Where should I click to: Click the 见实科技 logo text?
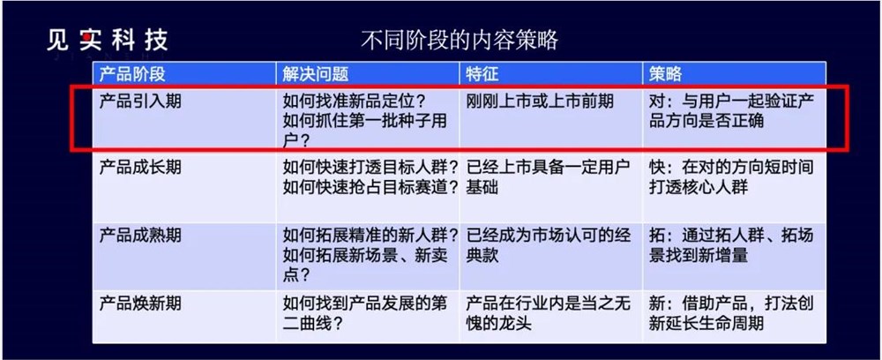108,40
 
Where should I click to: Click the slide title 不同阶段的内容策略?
460,40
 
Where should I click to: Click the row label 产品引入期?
141,101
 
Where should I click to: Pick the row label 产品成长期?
141,167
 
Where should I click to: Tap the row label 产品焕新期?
141,303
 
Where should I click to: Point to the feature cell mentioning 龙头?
547,312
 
